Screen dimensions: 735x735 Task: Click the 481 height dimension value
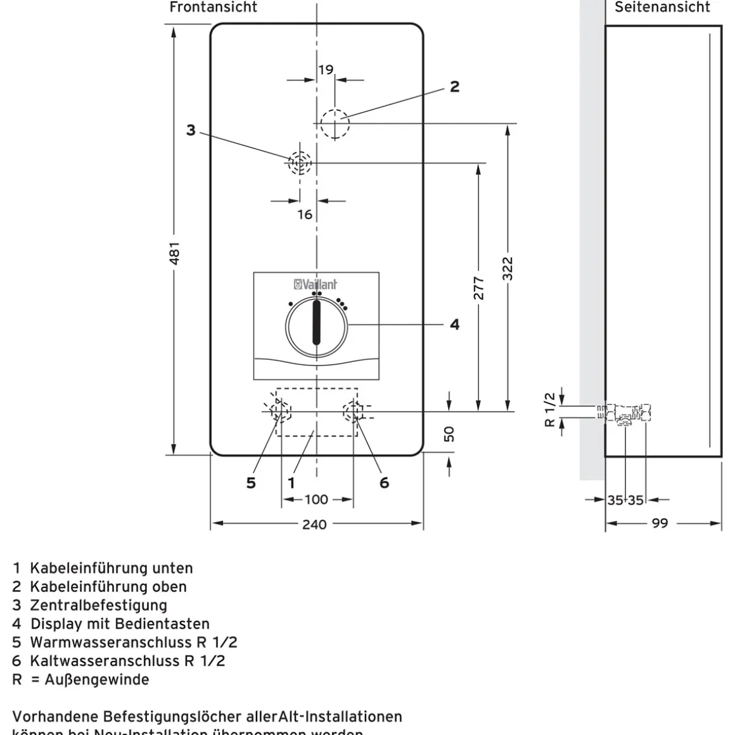pos(175,252)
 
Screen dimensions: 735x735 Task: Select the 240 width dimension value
pos(314,524)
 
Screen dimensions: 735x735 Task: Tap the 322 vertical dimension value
pos(508,268)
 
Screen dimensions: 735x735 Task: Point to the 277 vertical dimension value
pos(479,288)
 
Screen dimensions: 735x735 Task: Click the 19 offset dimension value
pos(326,70)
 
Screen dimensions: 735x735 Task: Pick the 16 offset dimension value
pos(305,214)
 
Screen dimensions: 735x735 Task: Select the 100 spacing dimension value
pos(316,499)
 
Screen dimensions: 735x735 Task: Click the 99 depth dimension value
pos(660,524)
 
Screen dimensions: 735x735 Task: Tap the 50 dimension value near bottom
pos(449,434)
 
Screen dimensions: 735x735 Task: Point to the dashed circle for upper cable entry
pos(335,123)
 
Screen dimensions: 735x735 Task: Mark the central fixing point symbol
pos(300,163)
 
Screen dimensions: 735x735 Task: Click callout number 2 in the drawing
pos(454,87)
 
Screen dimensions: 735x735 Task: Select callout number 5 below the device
pos(251,483)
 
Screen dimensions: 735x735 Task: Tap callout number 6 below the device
pos(384,483)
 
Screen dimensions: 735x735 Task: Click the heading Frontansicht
pos(214,8)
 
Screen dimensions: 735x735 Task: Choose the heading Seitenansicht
pos(662,8)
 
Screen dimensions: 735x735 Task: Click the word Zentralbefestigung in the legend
pos(98,605)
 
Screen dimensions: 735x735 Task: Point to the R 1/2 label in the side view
pos(550,409)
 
